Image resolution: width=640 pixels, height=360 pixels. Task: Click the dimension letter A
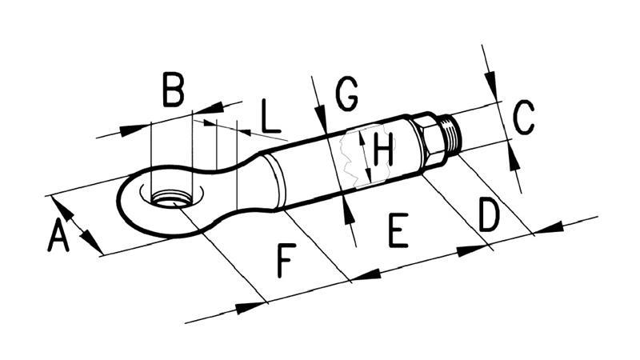(57, 237)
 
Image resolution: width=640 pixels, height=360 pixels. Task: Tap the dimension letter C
(523, 118)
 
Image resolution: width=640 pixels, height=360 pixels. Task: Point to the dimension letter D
(488, 215)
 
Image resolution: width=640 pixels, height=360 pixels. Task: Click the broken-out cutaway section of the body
(352, 156)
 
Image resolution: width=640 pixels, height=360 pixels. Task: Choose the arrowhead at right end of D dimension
(547, 229)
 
